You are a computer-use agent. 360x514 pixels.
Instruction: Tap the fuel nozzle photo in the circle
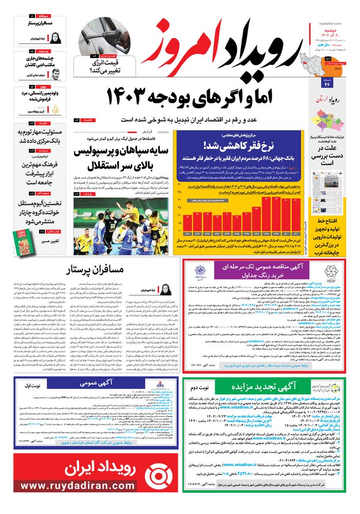point(105,36)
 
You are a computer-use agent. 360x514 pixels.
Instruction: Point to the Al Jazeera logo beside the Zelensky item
point(56,109)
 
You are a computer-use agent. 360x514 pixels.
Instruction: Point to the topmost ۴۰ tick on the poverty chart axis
point(179,184)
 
